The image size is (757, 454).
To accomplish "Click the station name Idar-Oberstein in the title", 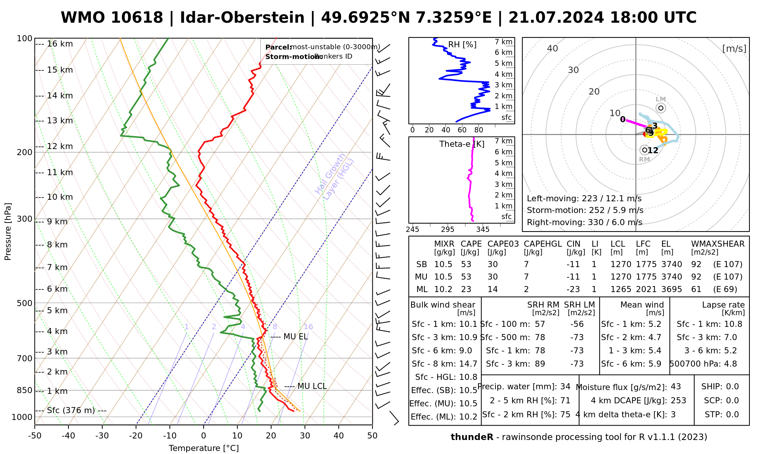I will (x=242, y=18).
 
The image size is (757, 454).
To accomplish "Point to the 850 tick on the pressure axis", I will (x=25, y=390).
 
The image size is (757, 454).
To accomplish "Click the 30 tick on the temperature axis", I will (x=305, y=436).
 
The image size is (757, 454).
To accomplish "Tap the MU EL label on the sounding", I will (x=296, y=336).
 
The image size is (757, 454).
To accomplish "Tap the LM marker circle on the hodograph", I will (x=661, y=108).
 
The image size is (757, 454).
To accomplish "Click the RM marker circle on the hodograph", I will (x=645, y=150).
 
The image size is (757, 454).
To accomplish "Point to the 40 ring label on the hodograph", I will (x=553, y=48).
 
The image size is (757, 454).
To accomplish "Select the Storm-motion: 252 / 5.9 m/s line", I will (x=585, y=210).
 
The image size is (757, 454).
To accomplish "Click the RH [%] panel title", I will (x=462, y=45).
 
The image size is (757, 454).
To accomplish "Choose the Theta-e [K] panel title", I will (x=462, y=144).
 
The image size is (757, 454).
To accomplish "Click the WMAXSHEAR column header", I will (x=718, y=244).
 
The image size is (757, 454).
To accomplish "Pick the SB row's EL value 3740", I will (x=671, y=264).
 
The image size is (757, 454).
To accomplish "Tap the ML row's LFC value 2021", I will (x=646, y=289).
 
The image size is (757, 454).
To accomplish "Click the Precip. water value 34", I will (x=565, y=387).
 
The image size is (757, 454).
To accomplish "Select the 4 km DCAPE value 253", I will (x=678, y=401).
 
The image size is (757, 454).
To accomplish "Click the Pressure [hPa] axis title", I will (x=8, y=232).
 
